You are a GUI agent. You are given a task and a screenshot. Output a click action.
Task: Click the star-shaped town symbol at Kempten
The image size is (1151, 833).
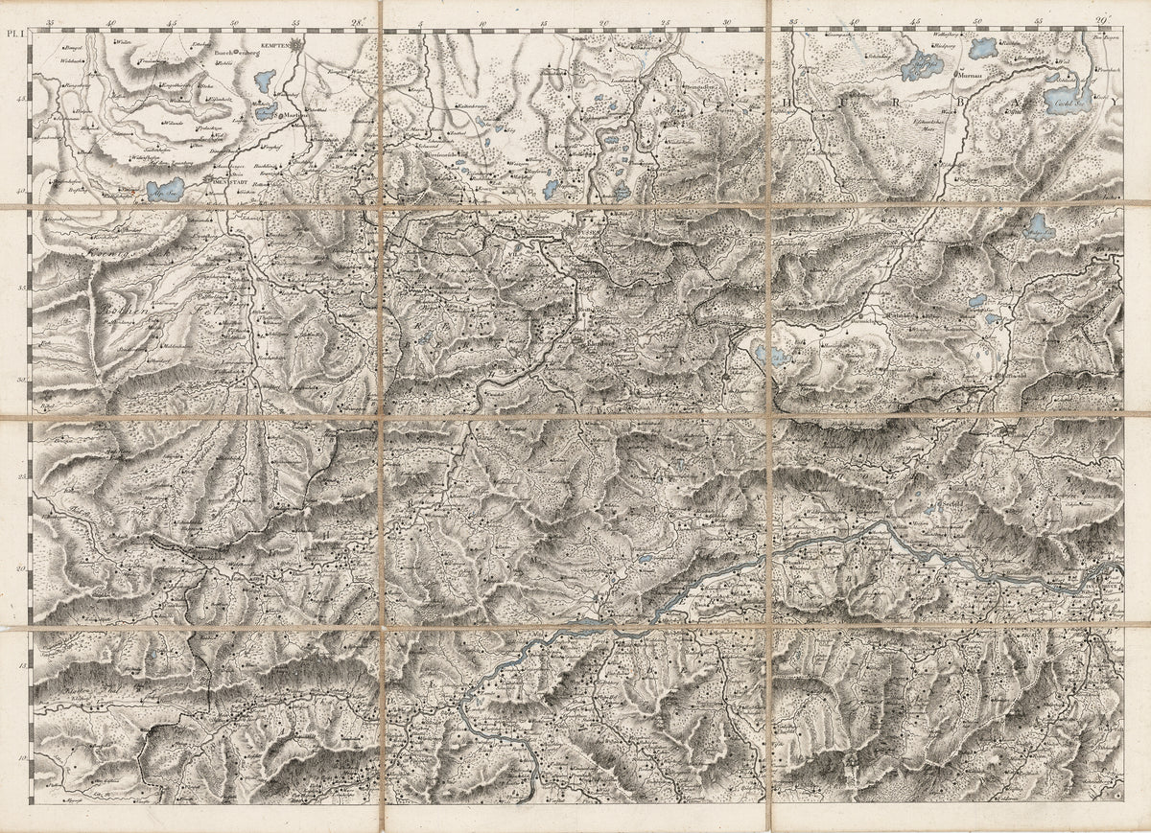click(x=298, y=43)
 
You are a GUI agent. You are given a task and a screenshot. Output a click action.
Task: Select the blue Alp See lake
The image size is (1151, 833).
click(x=165, y=188)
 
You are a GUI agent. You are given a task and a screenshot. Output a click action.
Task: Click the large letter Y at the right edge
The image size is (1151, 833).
click(x=1116, y=100)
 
